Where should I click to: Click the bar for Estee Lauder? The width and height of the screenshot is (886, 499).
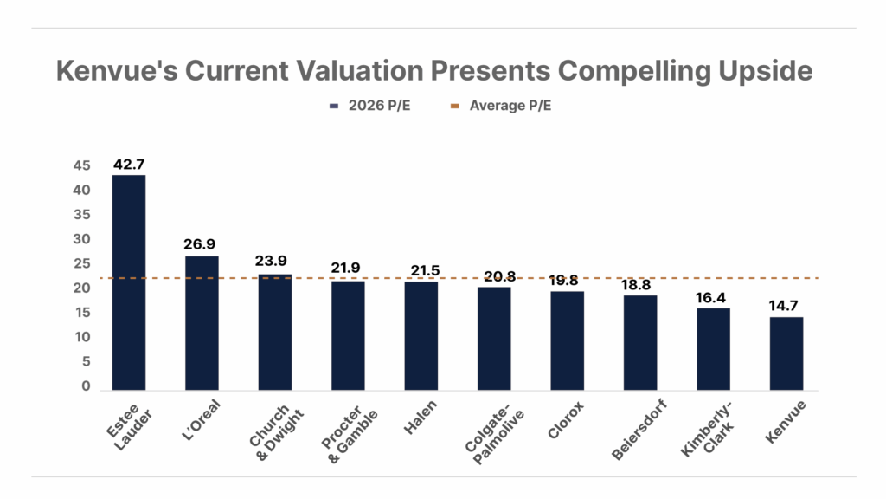click(x=128, y=282)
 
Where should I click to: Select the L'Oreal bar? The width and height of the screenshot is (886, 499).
click(x=202, y=322)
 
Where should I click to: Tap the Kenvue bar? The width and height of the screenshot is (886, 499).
click(x=786, y=353)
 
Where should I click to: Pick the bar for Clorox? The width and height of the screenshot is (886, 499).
click(x=567, y=340)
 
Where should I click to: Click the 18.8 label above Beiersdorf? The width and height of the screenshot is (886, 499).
click(x=639, y=284)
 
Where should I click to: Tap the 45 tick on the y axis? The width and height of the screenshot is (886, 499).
click(x=80, y=165)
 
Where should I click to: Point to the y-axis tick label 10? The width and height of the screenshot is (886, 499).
click(x=80, y=337)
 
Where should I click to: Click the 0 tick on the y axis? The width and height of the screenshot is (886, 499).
click(x=86, y=386)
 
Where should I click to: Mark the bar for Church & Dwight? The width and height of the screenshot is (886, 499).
click(x=274, y=332)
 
